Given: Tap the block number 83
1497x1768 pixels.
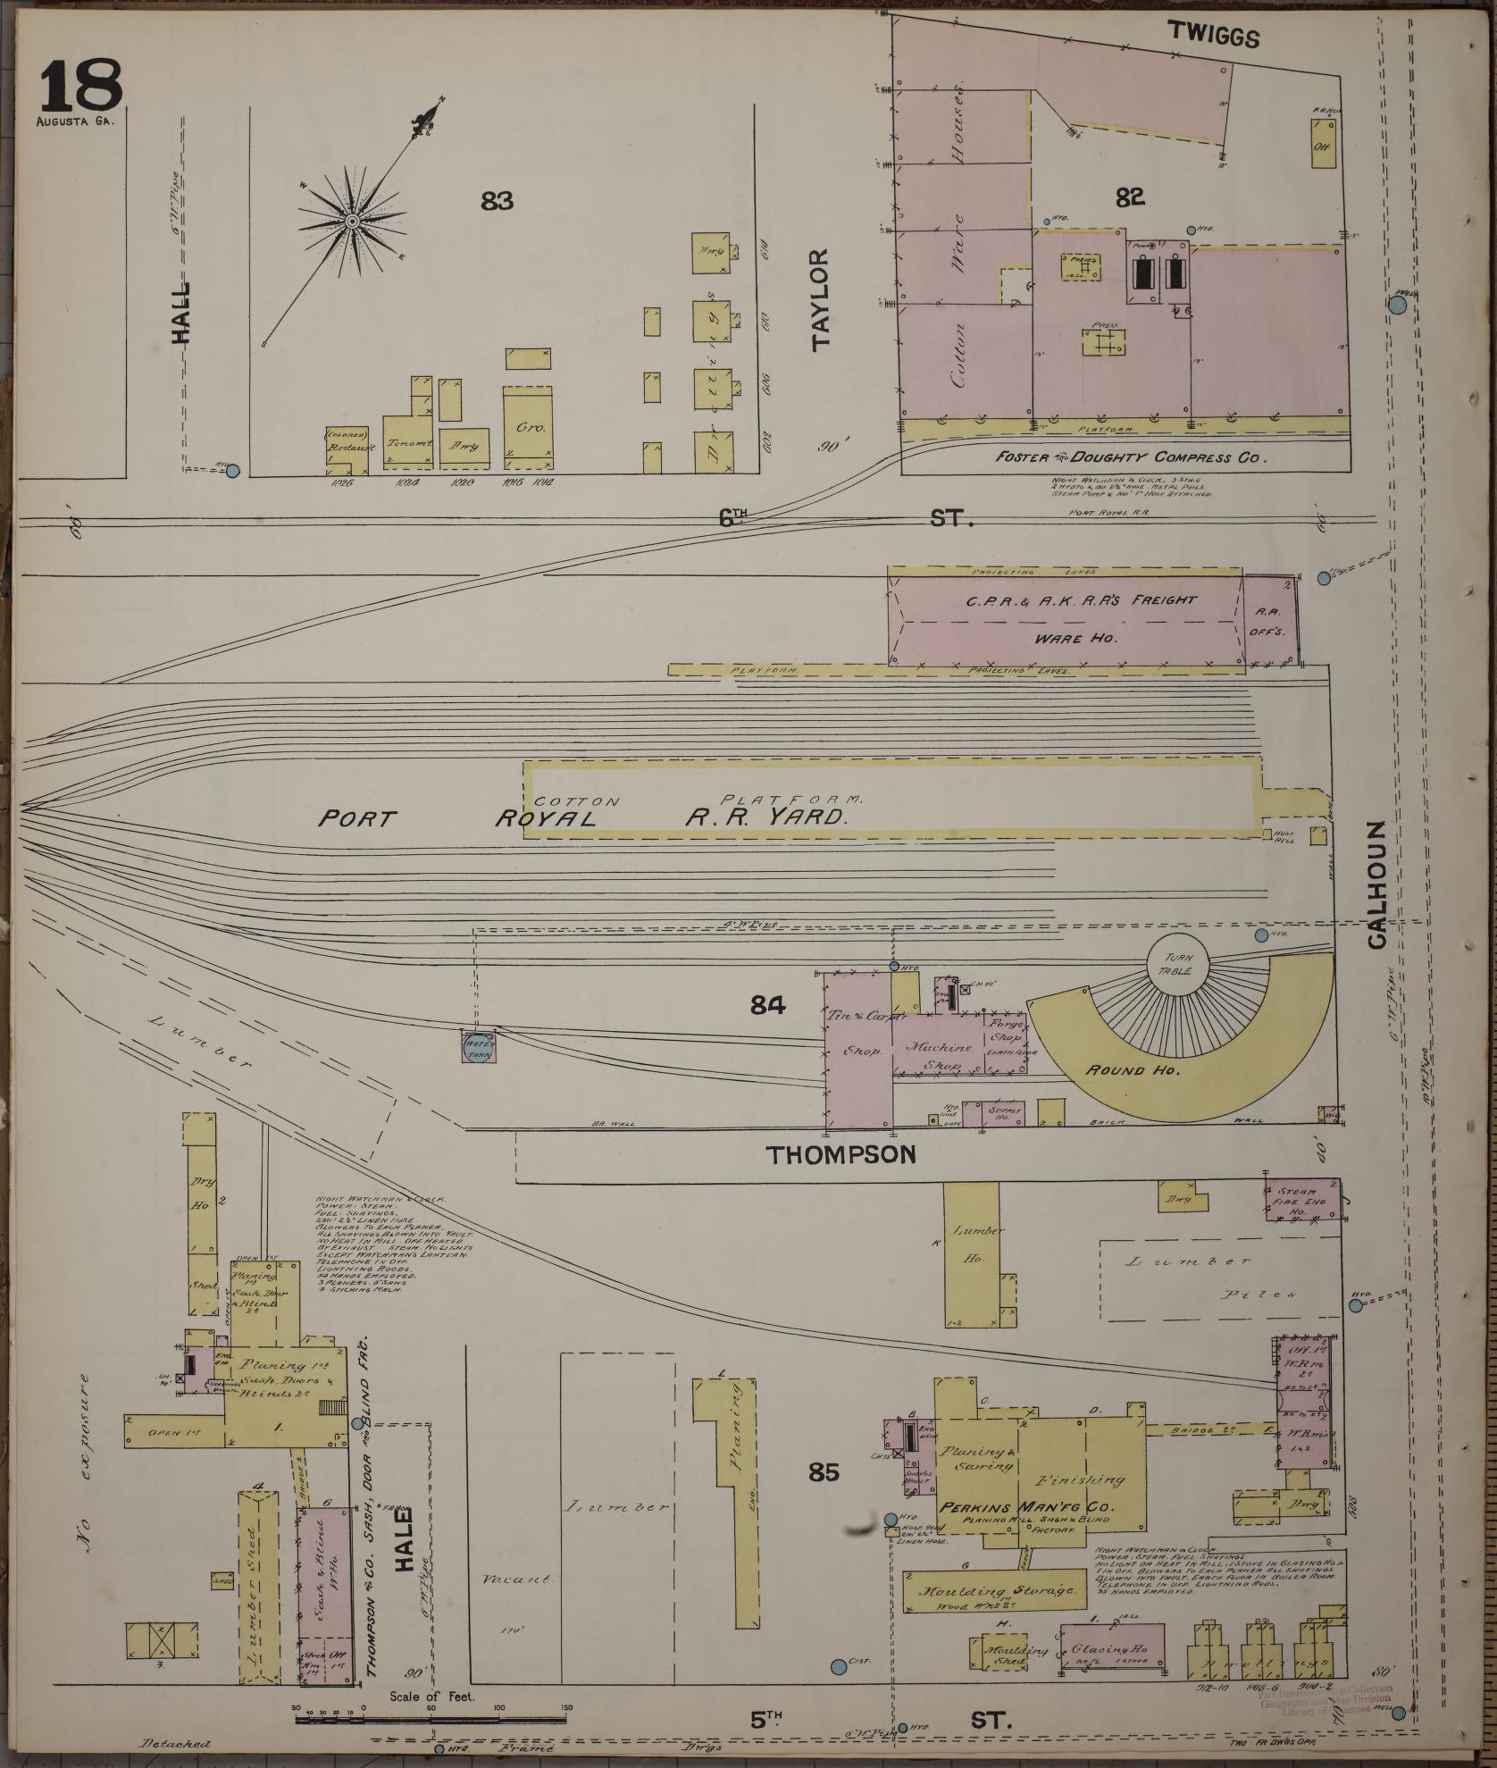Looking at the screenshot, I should coord(497,202).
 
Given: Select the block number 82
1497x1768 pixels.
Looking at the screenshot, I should coord(1130,197).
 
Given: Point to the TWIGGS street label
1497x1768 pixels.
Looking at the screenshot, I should coord(1215,37).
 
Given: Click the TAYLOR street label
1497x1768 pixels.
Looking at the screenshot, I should coord(821,297).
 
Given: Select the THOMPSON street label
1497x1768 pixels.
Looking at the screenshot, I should coord(842,1154).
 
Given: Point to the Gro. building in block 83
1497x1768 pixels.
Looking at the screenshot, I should coord(525,427).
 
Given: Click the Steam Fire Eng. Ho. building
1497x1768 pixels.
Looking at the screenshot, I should coord(1300,1199).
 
